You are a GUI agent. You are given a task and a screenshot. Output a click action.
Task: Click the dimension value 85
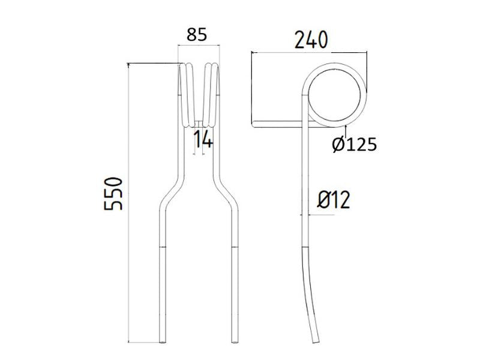[197, 35]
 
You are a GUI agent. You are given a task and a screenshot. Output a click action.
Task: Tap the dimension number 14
[203, 140]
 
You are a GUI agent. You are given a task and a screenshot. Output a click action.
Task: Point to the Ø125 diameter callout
[353, 144]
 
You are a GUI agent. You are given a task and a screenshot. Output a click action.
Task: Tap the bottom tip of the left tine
[163, 341]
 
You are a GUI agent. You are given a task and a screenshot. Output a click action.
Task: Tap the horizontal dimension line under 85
[198, 47]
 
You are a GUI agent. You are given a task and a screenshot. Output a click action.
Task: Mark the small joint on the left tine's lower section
[163, 246]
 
